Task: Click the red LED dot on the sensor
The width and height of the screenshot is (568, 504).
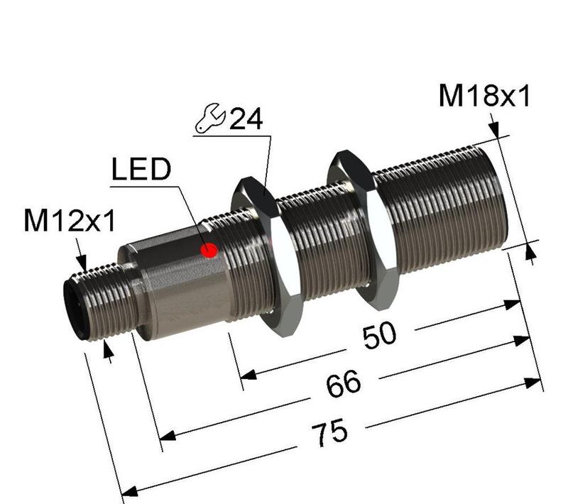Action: [209, 250]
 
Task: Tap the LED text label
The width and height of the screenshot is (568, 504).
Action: [142, 170]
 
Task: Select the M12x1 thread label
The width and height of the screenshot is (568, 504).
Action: [69, 221]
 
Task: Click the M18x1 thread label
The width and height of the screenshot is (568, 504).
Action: [484, 97]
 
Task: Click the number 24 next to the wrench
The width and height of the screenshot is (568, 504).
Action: [246, 119]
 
